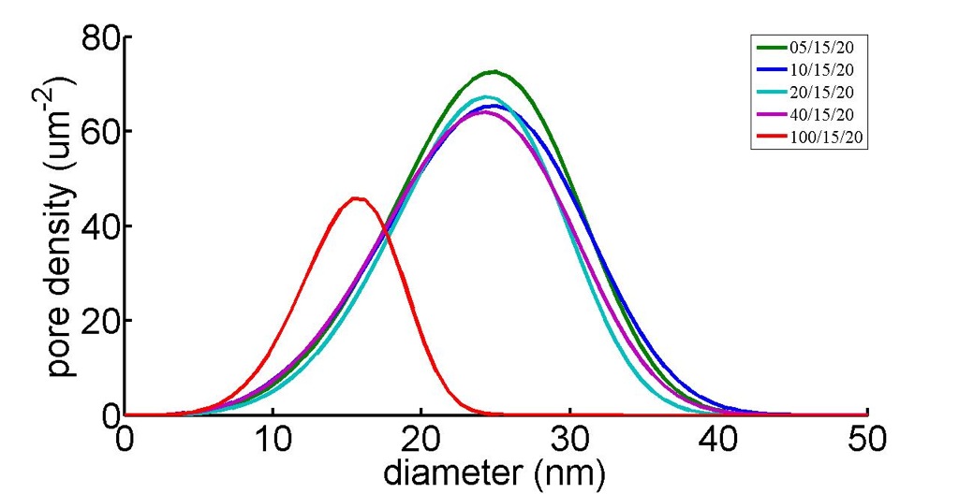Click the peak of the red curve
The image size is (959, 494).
[357, 198]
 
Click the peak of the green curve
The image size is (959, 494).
[494, 71]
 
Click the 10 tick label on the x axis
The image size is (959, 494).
[273, 440]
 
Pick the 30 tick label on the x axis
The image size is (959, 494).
[570, 440]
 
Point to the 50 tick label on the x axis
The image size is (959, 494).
[867, 440]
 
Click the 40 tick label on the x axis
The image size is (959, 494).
[718, 440]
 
